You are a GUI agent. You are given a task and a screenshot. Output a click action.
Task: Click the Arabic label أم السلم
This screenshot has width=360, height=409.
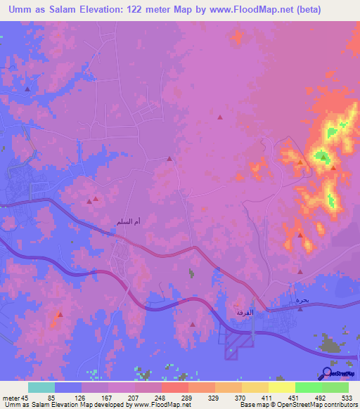click(127, 222)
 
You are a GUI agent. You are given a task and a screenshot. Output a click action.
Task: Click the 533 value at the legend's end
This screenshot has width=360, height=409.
click(347, 397)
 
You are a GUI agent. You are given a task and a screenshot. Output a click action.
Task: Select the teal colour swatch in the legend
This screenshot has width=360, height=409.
click(41, 387)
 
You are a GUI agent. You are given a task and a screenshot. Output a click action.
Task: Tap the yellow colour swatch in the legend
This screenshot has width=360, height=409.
click(282, 387)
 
